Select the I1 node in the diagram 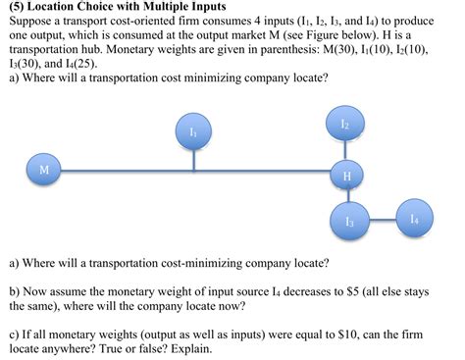coord(194,131)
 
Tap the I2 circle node coord(344,125)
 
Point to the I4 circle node coord(415,219)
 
